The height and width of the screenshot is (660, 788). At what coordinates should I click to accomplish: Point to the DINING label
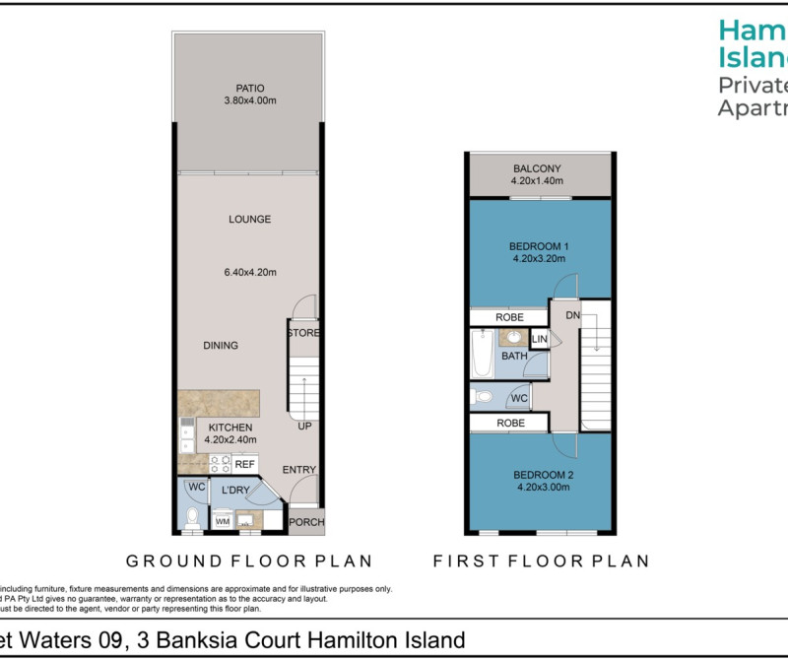221,346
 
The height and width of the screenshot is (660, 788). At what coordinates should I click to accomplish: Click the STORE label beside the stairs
303,333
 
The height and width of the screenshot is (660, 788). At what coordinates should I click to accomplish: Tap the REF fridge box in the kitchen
244,464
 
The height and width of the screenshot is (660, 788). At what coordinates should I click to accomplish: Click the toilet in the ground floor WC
194,517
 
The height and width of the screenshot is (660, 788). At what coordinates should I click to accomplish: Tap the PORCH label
305,521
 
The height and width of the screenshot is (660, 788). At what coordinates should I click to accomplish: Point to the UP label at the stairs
305,427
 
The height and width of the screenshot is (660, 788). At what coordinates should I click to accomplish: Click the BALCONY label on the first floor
536,168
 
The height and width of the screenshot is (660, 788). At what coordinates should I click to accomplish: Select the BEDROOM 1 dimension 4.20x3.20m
539,259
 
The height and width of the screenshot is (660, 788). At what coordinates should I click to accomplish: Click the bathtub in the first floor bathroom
482,356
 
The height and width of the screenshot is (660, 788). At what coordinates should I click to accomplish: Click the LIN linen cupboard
539,340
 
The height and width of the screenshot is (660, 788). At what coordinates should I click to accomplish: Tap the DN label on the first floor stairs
572,315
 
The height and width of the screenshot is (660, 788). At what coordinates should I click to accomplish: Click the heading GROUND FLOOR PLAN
248,561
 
